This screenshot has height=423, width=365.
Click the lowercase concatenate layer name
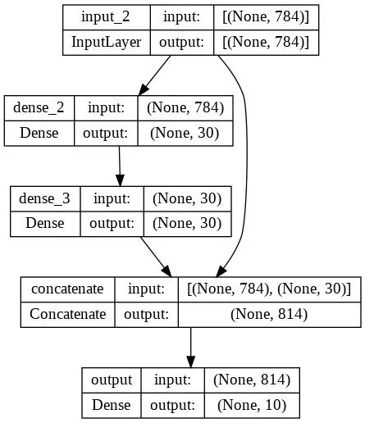click(x=67, y=289)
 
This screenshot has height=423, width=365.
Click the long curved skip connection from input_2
click(x=245, y=164)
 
